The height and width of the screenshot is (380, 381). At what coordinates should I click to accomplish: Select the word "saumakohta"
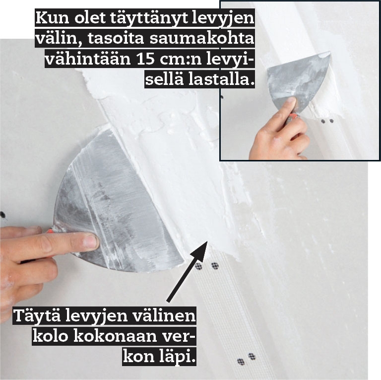201,38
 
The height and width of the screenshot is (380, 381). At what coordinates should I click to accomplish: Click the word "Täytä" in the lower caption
37,316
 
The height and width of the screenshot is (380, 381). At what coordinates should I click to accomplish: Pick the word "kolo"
50,337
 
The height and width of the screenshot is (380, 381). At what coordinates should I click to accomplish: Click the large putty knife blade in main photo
116,202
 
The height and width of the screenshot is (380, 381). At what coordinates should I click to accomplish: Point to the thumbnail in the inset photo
290,102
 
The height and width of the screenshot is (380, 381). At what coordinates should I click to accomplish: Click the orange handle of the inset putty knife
294,117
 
